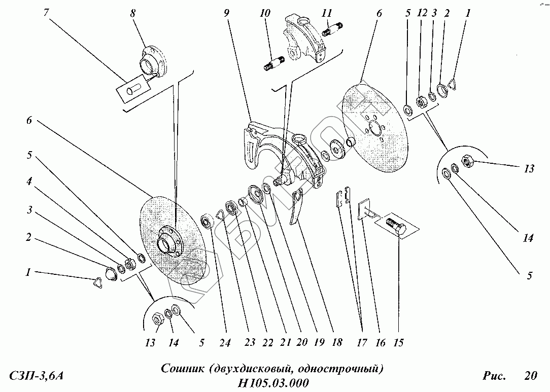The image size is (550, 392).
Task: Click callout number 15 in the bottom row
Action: click(x=398, y=343)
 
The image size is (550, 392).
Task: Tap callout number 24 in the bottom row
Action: click(x=225, y=343)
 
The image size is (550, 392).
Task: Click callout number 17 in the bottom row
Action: click(x=361, y=343)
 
